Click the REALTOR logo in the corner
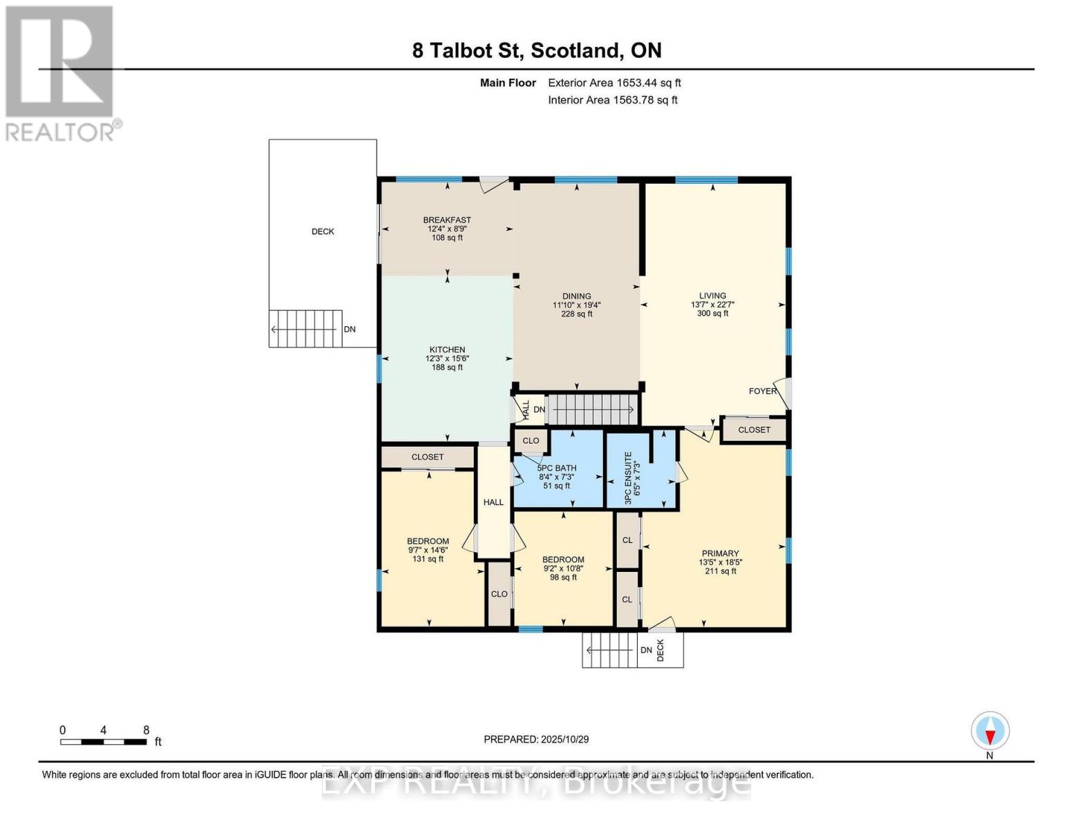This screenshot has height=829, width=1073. [x=61, y=73]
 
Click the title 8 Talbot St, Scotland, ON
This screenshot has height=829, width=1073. [x=536, y=50]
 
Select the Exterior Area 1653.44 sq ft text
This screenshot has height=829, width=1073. [x=614, y=83]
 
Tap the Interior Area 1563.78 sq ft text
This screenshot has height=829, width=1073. [x=612, y=100]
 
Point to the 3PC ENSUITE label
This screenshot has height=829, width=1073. [x=629, y=477]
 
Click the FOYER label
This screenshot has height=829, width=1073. [x=763, y=391]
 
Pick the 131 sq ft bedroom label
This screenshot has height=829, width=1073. [x=428, y=550]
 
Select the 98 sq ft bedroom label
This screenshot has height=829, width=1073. [x=563, y=568]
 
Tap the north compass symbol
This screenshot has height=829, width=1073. [x=990, y=731]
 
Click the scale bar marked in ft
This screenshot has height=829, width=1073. [x=104, y=741]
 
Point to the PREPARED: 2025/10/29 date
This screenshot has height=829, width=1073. [x=536, y=739]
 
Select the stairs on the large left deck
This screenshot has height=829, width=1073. [x=305, y=329]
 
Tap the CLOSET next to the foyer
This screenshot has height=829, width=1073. [x=754, y=430]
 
